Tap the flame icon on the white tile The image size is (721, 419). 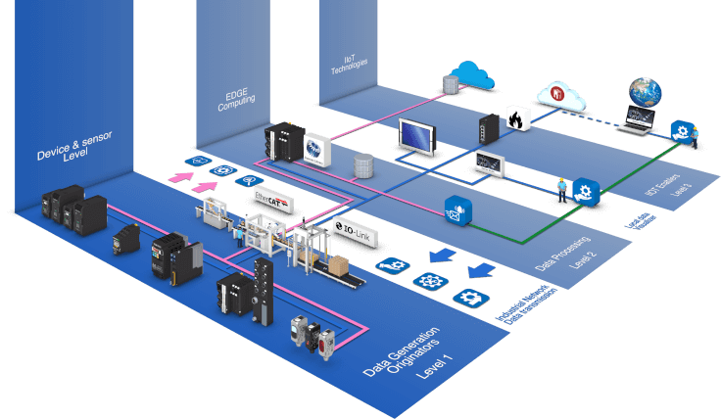(518, 117)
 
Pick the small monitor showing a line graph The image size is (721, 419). (489, 162)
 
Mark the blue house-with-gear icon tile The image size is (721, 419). (587, 189)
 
